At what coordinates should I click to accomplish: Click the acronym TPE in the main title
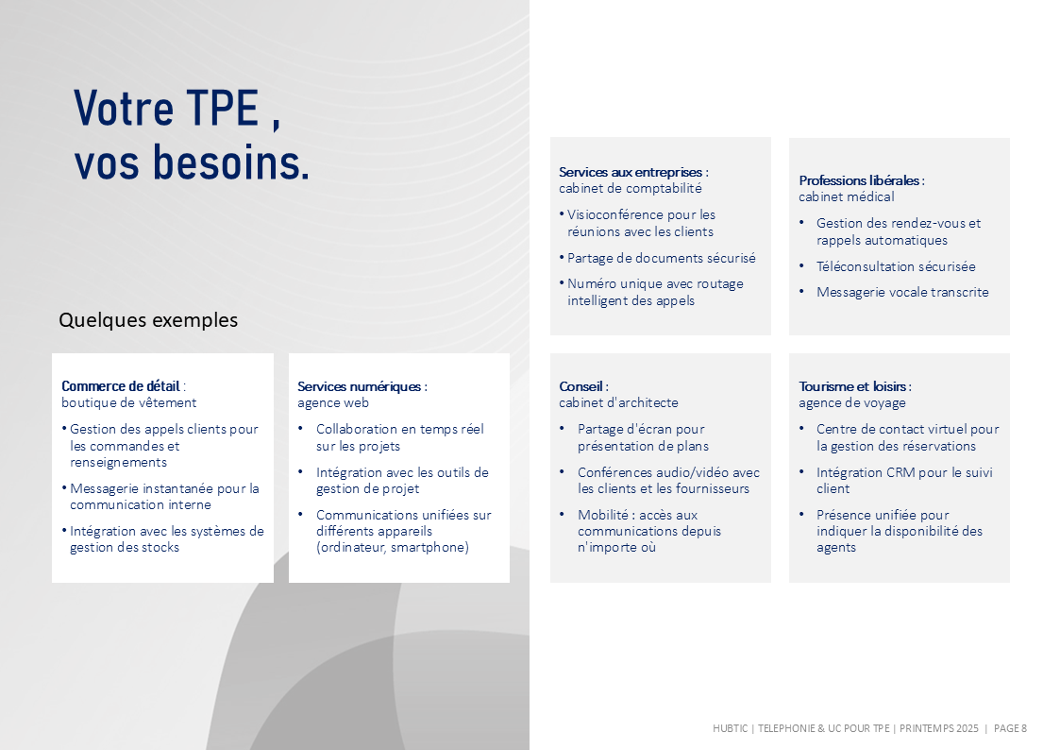pyautogui.click(x=223, y=109)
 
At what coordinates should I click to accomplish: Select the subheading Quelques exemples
pyautogui.click(x=148, y=320)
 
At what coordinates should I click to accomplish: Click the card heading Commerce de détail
pyautogui.click(x=120, y=386)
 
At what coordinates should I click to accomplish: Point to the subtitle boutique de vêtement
pyautogui.click(x=128, y=402)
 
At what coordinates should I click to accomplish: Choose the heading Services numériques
pyautogui.click(x=359, y=386)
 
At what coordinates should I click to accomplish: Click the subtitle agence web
pyautogui.click(x=332, y=402)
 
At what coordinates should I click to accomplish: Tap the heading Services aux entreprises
pyautogui.click(x=630, y=172)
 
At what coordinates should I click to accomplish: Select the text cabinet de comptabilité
pyautogui.click(x=630, y=188)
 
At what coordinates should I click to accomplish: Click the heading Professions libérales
pyautogui.click(x=859, y=179)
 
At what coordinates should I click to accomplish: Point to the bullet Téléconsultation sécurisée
pyautogui.click(x=896, y=266)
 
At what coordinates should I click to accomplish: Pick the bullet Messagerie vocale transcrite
pyautogui.click(x=902, y=292)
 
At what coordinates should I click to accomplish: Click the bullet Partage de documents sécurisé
pyautogui.click(x=661, y=258)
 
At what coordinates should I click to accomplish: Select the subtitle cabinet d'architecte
pyautogui.click(x=618, y=402)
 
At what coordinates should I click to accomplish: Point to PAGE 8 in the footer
pyautogui.click(x=1010, y=728)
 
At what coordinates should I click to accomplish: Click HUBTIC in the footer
pyautogui.click(x=730, y=728)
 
